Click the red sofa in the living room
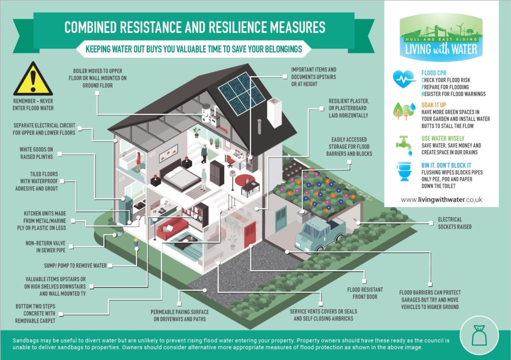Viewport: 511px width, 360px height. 172,228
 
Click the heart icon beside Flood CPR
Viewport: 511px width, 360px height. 404,79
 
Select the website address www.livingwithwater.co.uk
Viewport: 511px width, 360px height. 441,199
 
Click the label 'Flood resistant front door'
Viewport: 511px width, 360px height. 365,293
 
